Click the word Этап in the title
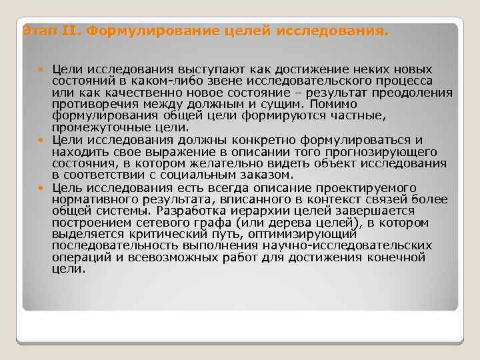tap(34, 31)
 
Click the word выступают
tap(199, 69)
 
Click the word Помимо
tap(337, 104)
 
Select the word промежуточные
tap(99, 127)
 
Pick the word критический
tap(155, 234)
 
